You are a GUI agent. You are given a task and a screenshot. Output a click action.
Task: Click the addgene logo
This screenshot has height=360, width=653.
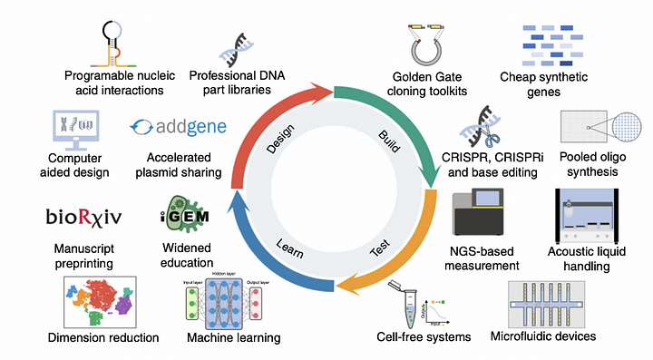pyautogui.click(x=178, y=126)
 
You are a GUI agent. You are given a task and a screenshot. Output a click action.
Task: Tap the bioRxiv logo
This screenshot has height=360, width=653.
pyautogui.click(x=81, y=217)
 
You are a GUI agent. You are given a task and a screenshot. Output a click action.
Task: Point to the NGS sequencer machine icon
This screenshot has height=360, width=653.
pyautogui.click(x=484, y=219)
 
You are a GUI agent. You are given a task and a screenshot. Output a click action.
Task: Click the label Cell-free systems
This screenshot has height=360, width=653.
pyautogui.click(x=424, y=337)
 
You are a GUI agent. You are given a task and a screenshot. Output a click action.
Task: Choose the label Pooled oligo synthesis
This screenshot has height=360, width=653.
pyautogui.click(x=592, y=169)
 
